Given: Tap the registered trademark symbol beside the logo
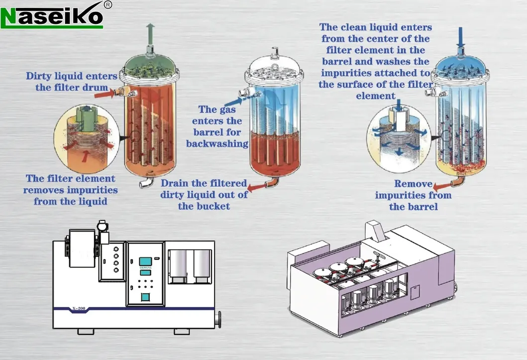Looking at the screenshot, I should point(107,5).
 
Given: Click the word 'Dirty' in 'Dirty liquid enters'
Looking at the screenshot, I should point(39,76).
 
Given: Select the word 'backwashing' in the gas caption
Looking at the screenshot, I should point(217,143).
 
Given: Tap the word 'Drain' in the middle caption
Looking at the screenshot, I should point(174,183).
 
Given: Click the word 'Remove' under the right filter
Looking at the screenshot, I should point(413,183).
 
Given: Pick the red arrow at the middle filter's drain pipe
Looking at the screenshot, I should point(256,187).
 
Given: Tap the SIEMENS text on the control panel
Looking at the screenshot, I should point(145,268).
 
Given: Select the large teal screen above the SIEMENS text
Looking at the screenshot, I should point(145,261).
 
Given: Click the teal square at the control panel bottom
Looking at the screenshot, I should point(145,297).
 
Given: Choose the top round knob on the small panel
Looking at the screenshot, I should point(116,248).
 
